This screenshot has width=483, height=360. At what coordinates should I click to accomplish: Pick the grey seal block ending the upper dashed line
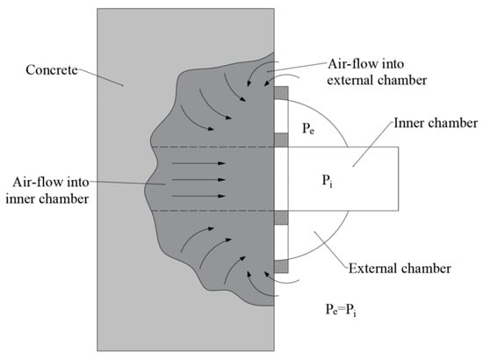tap(280, 140)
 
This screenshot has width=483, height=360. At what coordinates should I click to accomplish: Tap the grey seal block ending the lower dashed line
tap(280, 217)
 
